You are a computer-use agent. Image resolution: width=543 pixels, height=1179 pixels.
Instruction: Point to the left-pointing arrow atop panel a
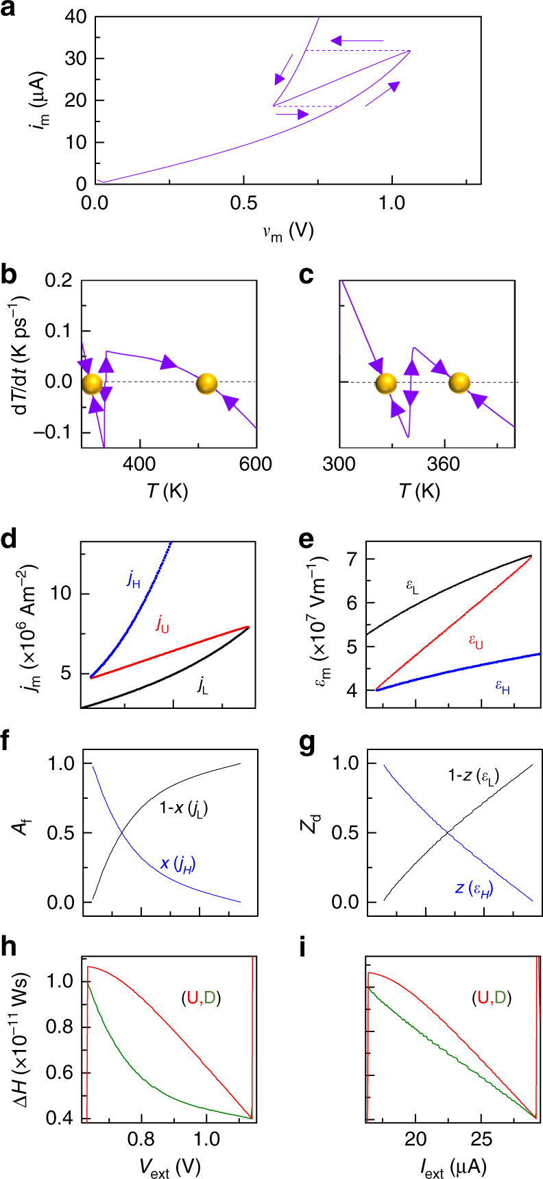click(357, 41)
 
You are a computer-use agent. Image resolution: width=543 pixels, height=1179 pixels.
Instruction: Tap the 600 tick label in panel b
click(256, 465)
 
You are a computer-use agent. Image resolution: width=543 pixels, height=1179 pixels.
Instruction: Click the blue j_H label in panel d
click(134, 578)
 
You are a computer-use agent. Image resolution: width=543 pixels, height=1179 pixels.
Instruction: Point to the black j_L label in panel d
click(202, 686)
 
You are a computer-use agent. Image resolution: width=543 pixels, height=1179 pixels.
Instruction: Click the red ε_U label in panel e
click(475, 640)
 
